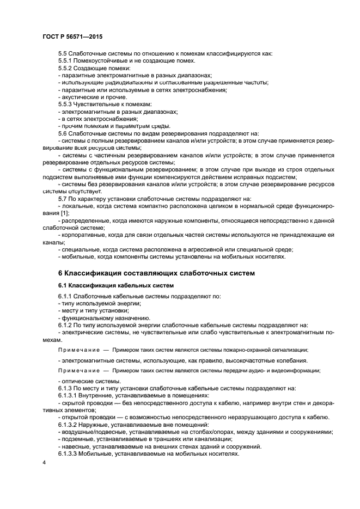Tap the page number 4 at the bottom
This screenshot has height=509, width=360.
[44, 462]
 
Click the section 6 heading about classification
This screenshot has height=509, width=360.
[156, 273]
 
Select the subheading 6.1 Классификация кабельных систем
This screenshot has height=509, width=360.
[116, 285]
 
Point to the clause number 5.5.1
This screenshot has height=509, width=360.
[66, 60]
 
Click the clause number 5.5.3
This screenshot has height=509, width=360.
[66, 103]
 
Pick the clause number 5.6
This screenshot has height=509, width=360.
[63, 132]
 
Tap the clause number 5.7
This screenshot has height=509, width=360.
[63, 199]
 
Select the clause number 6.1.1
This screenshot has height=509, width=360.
[66, 296]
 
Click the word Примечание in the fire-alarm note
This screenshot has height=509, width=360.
[76, 350]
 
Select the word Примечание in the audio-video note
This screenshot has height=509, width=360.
[76, 371]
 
